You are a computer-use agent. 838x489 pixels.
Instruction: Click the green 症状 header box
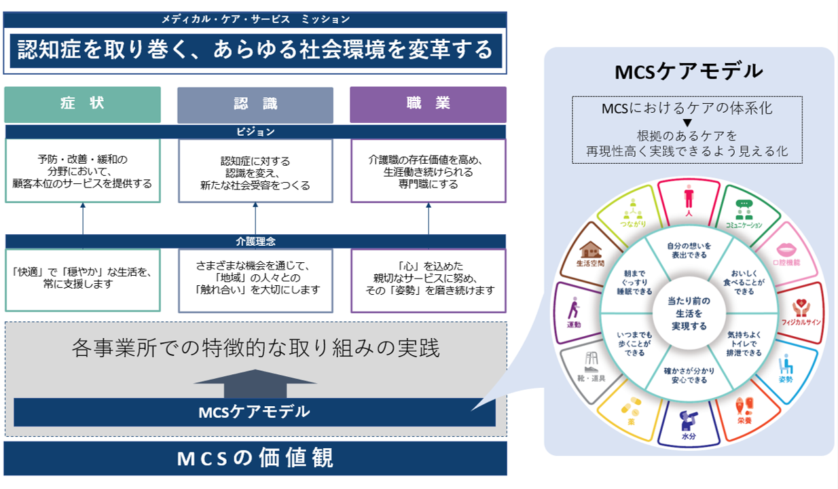click(82, 104)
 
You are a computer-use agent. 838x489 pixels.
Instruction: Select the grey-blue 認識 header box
click(255, 104)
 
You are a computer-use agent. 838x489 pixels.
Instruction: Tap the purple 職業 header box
click(428, 104)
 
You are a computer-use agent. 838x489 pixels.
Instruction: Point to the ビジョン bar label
click(255, 132)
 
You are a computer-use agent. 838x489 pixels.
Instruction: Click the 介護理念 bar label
click(255, 241)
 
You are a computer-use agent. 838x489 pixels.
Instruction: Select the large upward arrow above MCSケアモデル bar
click(255, 382)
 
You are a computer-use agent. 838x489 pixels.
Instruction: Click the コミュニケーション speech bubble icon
click(744, 207)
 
